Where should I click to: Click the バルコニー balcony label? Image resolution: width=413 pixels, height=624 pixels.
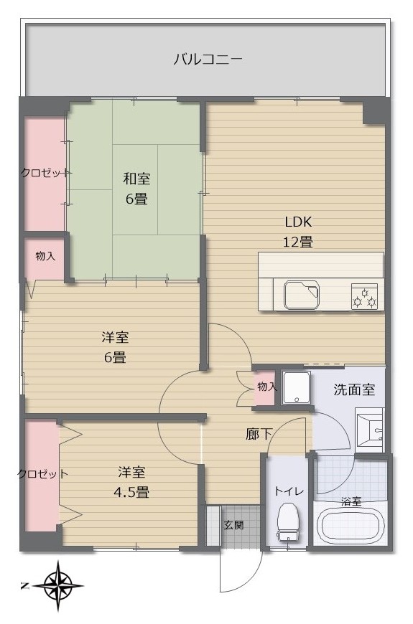208,60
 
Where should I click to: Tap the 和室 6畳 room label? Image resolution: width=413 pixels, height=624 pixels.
136,188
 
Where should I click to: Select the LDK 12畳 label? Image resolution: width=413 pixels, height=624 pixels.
298,231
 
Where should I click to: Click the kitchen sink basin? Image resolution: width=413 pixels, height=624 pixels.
302,295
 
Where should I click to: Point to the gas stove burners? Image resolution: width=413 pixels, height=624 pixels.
364,296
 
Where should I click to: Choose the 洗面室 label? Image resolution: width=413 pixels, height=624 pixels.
354,389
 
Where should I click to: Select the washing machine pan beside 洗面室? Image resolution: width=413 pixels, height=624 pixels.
296,388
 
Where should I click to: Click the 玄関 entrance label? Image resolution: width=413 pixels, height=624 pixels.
233,525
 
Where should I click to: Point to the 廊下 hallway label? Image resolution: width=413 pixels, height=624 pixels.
259,435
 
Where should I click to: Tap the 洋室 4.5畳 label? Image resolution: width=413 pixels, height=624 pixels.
131,482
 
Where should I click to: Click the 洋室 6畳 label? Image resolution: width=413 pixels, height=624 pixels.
115,347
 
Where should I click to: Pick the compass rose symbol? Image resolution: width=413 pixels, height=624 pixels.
58,586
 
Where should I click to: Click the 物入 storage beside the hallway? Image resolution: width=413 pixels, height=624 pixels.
265,387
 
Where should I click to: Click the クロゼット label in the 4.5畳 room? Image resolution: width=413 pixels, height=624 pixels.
42,474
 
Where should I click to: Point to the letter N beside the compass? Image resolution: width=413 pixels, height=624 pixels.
24,586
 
